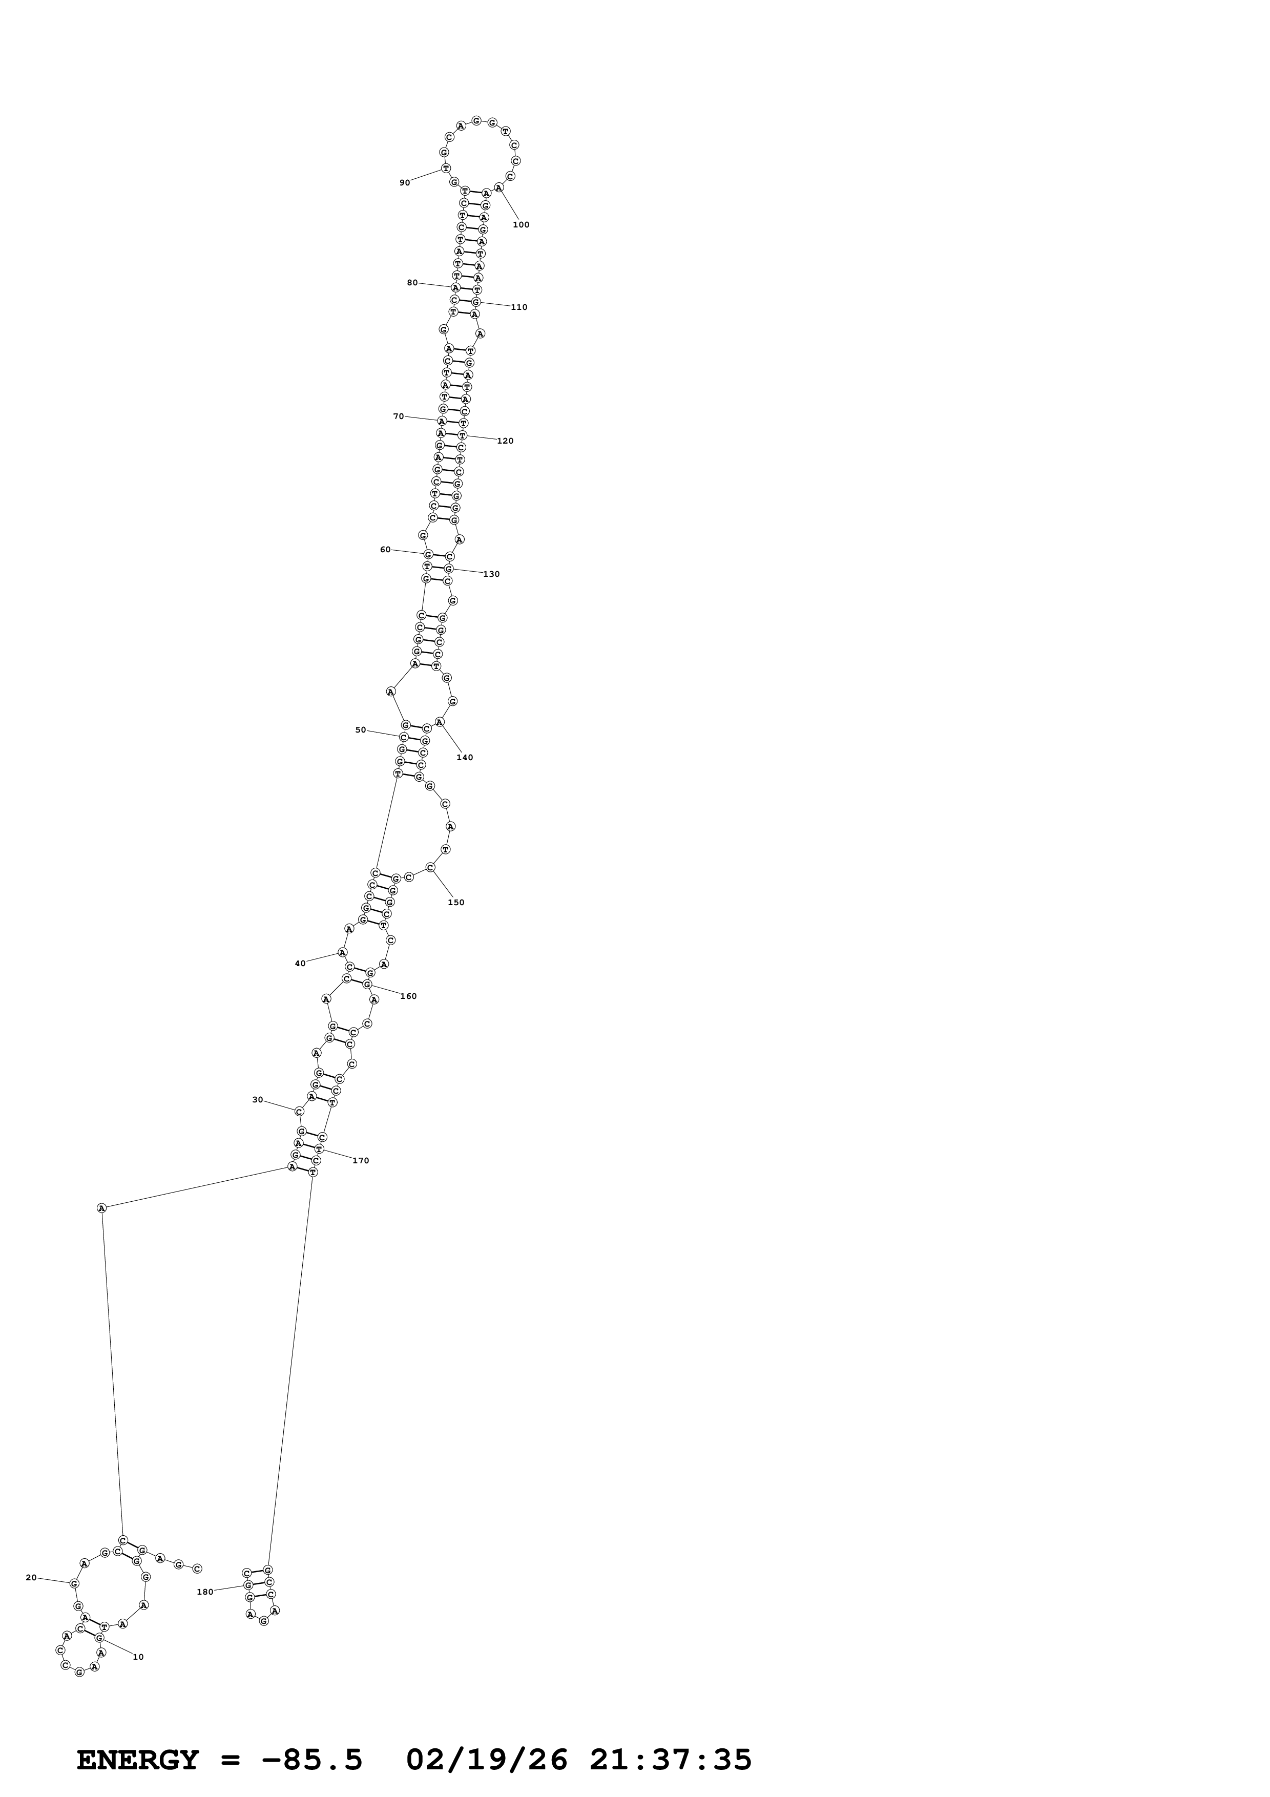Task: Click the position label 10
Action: click(x=138, y=1657)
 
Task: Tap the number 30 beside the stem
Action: click(x=258, y=1100)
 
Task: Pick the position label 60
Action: click(x=385, y=550)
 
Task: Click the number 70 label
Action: click(x=398, y=416)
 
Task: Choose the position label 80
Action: click(x=412, y=283)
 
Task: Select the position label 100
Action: click(x=521, y=224)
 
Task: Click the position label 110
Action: click(x=519, y=307)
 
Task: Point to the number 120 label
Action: click(x=506, y=441)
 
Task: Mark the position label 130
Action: click(x=491, y=574)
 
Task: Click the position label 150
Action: click(x=456, y=903)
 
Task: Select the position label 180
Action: click(x=205, y=1592)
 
